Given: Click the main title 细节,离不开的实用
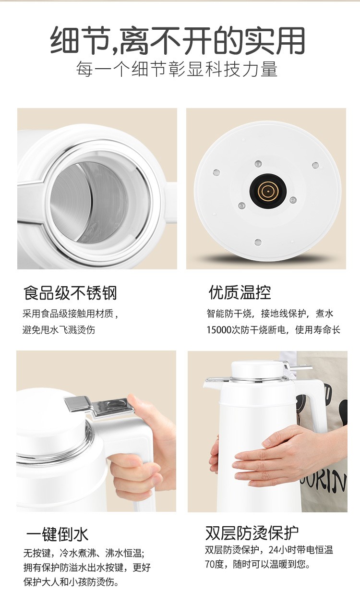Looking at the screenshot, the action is (x=178, y=40).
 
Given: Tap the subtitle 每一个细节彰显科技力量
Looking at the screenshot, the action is (x=177, y=69).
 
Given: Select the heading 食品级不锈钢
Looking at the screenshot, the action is (x=70, y=293).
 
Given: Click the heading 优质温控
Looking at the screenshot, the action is (x=240, y=292).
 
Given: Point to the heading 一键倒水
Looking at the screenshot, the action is (x=57, y=534).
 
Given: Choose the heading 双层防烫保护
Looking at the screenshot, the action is (x=252, y=533).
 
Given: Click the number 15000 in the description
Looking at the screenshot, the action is (x=219, y=330).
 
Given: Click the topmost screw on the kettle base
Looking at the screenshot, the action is (x=258, y=164).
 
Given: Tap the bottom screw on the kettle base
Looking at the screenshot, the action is (x=258, y=242).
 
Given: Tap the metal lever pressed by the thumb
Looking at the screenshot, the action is (x=99, y=405).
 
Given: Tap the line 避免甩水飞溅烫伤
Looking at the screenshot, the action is (x=59, y=330).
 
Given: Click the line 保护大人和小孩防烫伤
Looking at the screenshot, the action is (x=71, y=582).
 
